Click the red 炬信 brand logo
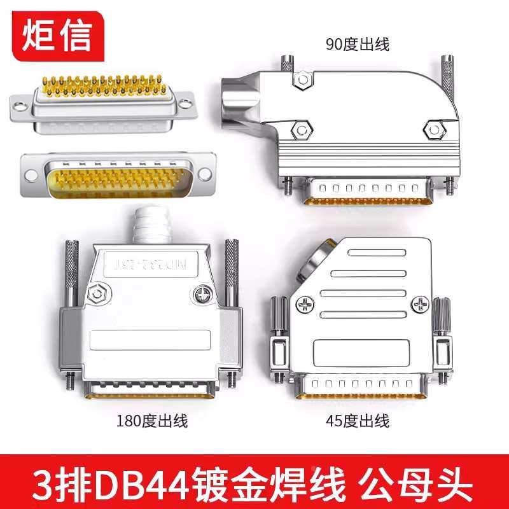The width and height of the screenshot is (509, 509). point(57,36)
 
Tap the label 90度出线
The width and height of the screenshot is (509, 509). point(357,45)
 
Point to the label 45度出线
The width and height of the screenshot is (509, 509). point(356,421)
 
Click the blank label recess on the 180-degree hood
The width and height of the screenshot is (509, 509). point(151,341)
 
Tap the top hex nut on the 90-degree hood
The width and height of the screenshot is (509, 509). point(303,80)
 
